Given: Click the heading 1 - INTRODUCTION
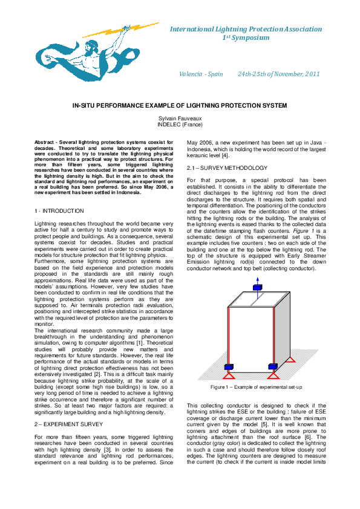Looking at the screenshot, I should tap(59, 211).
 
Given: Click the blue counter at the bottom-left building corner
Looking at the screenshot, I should tap(229, 367).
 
